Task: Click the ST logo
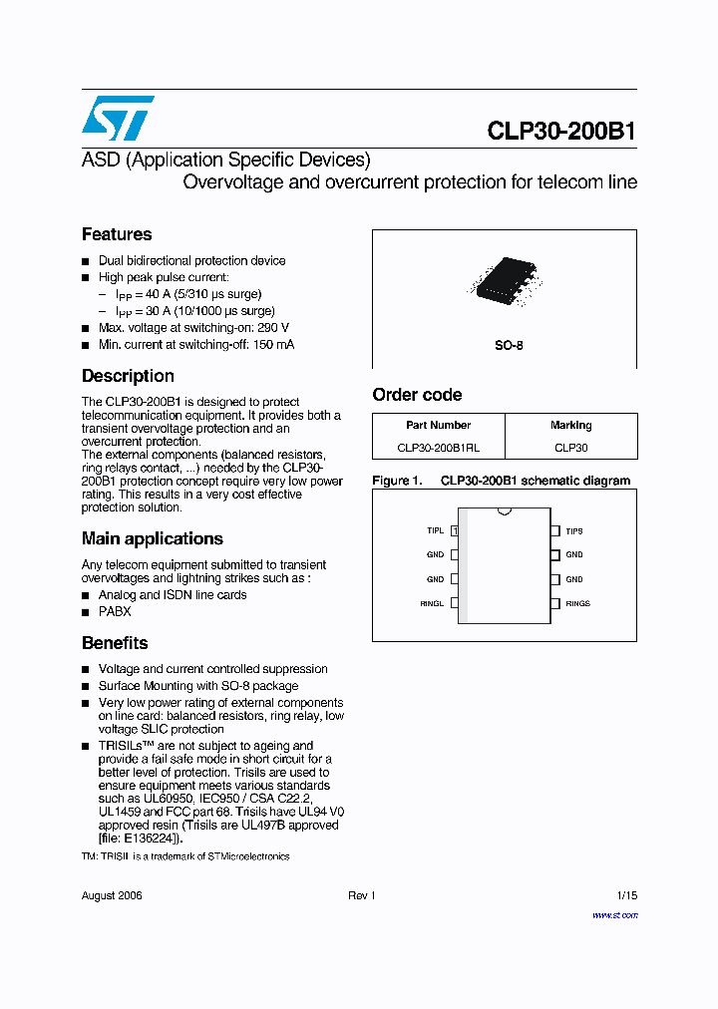(x=118, y=118)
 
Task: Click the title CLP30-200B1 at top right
(x=561, y=132)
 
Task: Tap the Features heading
(x=117, y=234)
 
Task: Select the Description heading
(x=128, y=376)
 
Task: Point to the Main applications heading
(x=152, y=538)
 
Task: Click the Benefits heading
(x=115, y=643)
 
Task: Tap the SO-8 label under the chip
(x=509, y=346)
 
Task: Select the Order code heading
(x=417, y=395)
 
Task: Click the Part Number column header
(x=438, y=425)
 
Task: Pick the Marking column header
(x=570, y=425)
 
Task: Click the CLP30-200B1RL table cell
(x=438, y=449)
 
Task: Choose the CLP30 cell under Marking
(x=570, y=449)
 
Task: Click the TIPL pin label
(x=435, y=531)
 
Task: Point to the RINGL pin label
(x=432, y=603)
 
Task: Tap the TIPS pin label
(x=574, y=531)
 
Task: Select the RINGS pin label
(x=577, y=603)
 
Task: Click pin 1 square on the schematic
(x=455, y=531)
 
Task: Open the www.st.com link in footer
(x=614, y=915)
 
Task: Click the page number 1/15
(x=626, y=895)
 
